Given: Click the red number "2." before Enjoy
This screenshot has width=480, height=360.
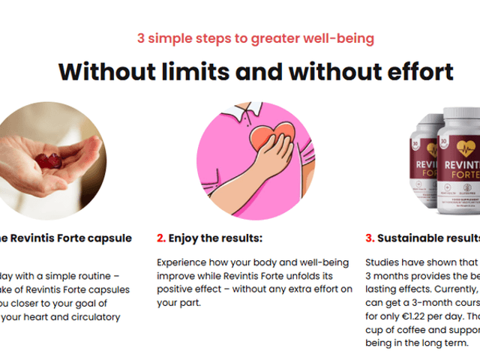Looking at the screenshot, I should [x=161, y=238].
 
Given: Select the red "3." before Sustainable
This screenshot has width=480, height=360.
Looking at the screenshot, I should [x=370, y=238].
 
